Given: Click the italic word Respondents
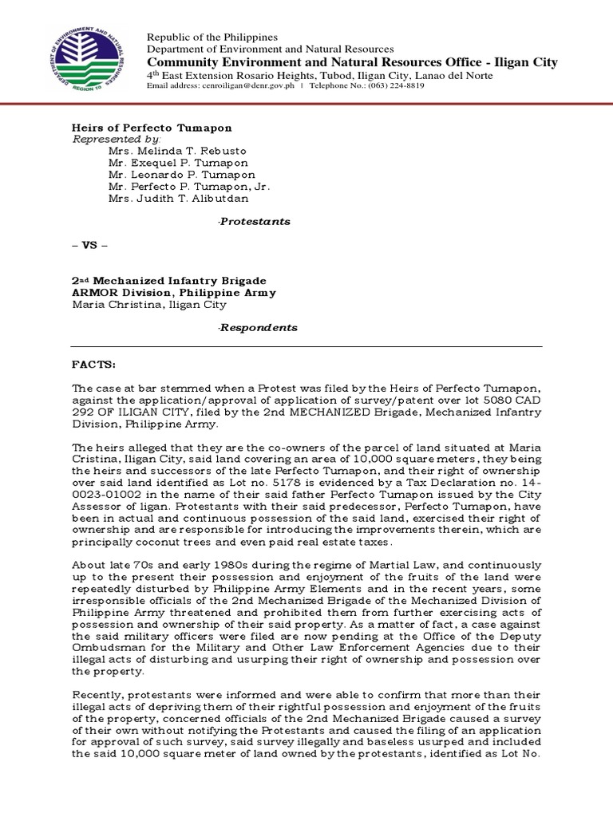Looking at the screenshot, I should tap(257, 327).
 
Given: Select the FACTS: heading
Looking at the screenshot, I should tap(94, 365).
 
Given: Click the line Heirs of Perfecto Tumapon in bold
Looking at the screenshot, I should tap(152, 128).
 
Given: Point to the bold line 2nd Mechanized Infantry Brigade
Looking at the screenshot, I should tap(169, 281).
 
